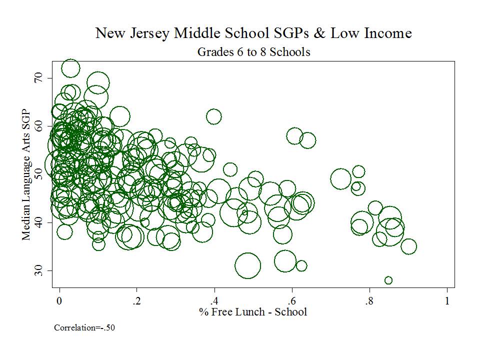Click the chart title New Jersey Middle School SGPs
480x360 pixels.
tap(253, 33)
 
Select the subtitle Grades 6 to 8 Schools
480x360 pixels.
tap(253, 51)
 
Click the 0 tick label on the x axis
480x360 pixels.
tap(59, 301)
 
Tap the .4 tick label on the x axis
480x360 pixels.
tap(213, 301)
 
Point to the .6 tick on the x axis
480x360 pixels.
tap(291, 301)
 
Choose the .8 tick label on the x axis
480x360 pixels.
tap(368, 301)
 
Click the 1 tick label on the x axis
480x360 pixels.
tap(447, 301)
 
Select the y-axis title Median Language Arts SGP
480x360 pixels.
tap(26, 174)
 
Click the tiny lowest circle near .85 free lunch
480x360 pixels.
tap(388, 280)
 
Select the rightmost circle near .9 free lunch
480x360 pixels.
tap(408, 246)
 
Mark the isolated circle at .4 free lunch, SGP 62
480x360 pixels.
tap(213, 116)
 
